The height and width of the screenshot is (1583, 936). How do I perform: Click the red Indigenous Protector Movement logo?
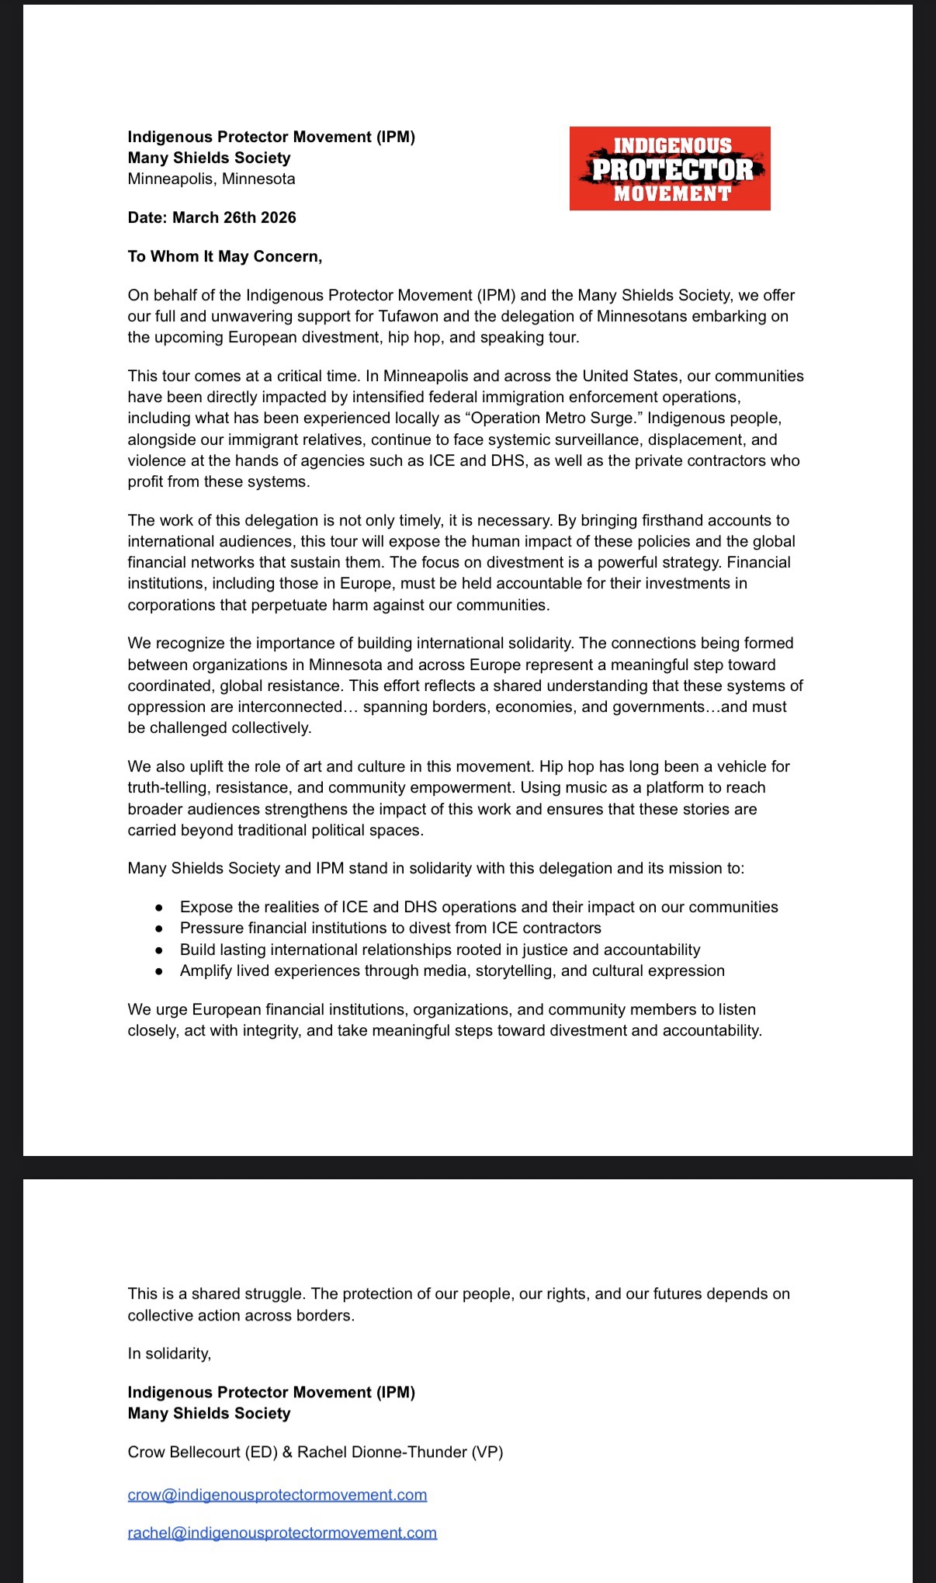pyautogui.click(x=670, y=168)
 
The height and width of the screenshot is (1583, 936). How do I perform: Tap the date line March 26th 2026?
pyautogui.click(x=212, y=217)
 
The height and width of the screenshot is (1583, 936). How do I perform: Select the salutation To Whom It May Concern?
pyautogui.click(x=224, y=256)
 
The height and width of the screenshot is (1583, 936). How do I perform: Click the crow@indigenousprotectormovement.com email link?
pyautogui.click(x=277, y=1494)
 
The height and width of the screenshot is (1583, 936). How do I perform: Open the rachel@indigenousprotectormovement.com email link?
pyautogui.click(x=282, y=1533)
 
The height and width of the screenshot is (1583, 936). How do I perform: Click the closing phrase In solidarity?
pyautogui.click(x=169, y=1353)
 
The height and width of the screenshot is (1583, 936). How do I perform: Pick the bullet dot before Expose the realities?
pyautogui.click(x=159, y=907)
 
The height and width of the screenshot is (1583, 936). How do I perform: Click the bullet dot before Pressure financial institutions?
pyautogui.click(x=159, y=928)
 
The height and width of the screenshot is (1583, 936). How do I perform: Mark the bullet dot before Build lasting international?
pyautogui.click(x=159, y=949)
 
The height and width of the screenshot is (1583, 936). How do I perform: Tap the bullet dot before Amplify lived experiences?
pyautogui.click(x=159, y=970)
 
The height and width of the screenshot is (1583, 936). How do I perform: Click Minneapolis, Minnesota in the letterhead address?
pyautogui.click(x=211, y=179)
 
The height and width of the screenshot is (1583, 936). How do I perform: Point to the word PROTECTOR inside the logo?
pyautogui.click(x=672, y=169)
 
